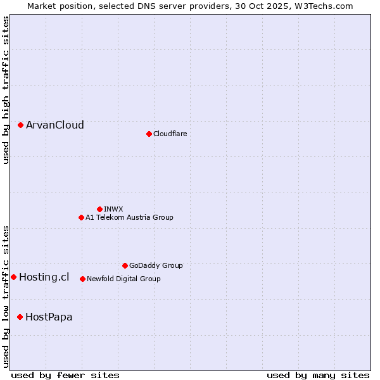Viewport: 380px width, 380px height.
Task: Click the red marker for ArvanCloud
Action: [20, 125]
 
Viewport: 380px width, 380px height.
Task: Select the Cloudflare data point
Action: [149, 134]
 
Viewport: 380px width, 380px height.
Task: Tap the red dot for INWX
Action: [99, 209]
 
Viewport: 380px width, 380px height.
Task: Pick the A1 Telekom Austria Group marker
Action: [81, 218]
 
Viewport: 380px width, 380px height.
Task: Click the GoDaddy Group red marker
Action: [125, 266]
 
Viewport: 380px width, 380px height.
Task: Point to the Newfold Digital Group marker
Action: [82, 279]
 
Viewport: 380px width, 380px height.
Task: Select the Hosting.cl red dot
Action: [13, 277]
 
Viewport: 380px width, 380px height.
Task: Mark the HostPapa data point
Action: [20, 317]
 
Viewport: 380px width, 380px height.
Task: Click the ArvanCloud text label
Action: [55, 125]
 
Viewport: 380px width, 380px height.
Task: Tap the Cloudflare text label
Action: [170, 134]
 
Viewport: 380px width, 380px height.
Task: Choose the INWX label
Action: [113, 209]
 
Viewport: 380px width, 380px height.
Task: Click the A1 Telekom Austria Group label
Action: [129, 218]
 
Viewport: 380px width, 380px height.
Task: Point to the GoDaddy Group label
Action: [156, 266]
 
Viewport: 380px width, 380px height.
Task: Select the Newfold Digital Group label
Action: [123, 279]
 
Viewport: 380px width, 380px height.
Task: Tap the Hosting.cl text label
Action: [44, 277]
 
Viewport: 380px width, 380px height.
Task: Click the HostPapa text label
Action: [49, 317]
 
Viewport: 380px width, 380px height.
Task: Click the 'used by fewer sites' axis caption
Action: [65, 375]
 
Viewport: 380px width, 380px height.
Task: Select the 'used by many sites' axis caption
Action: [318, 375]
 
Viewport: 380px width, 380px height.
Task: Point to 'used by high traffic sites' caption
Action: [6, 90]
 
